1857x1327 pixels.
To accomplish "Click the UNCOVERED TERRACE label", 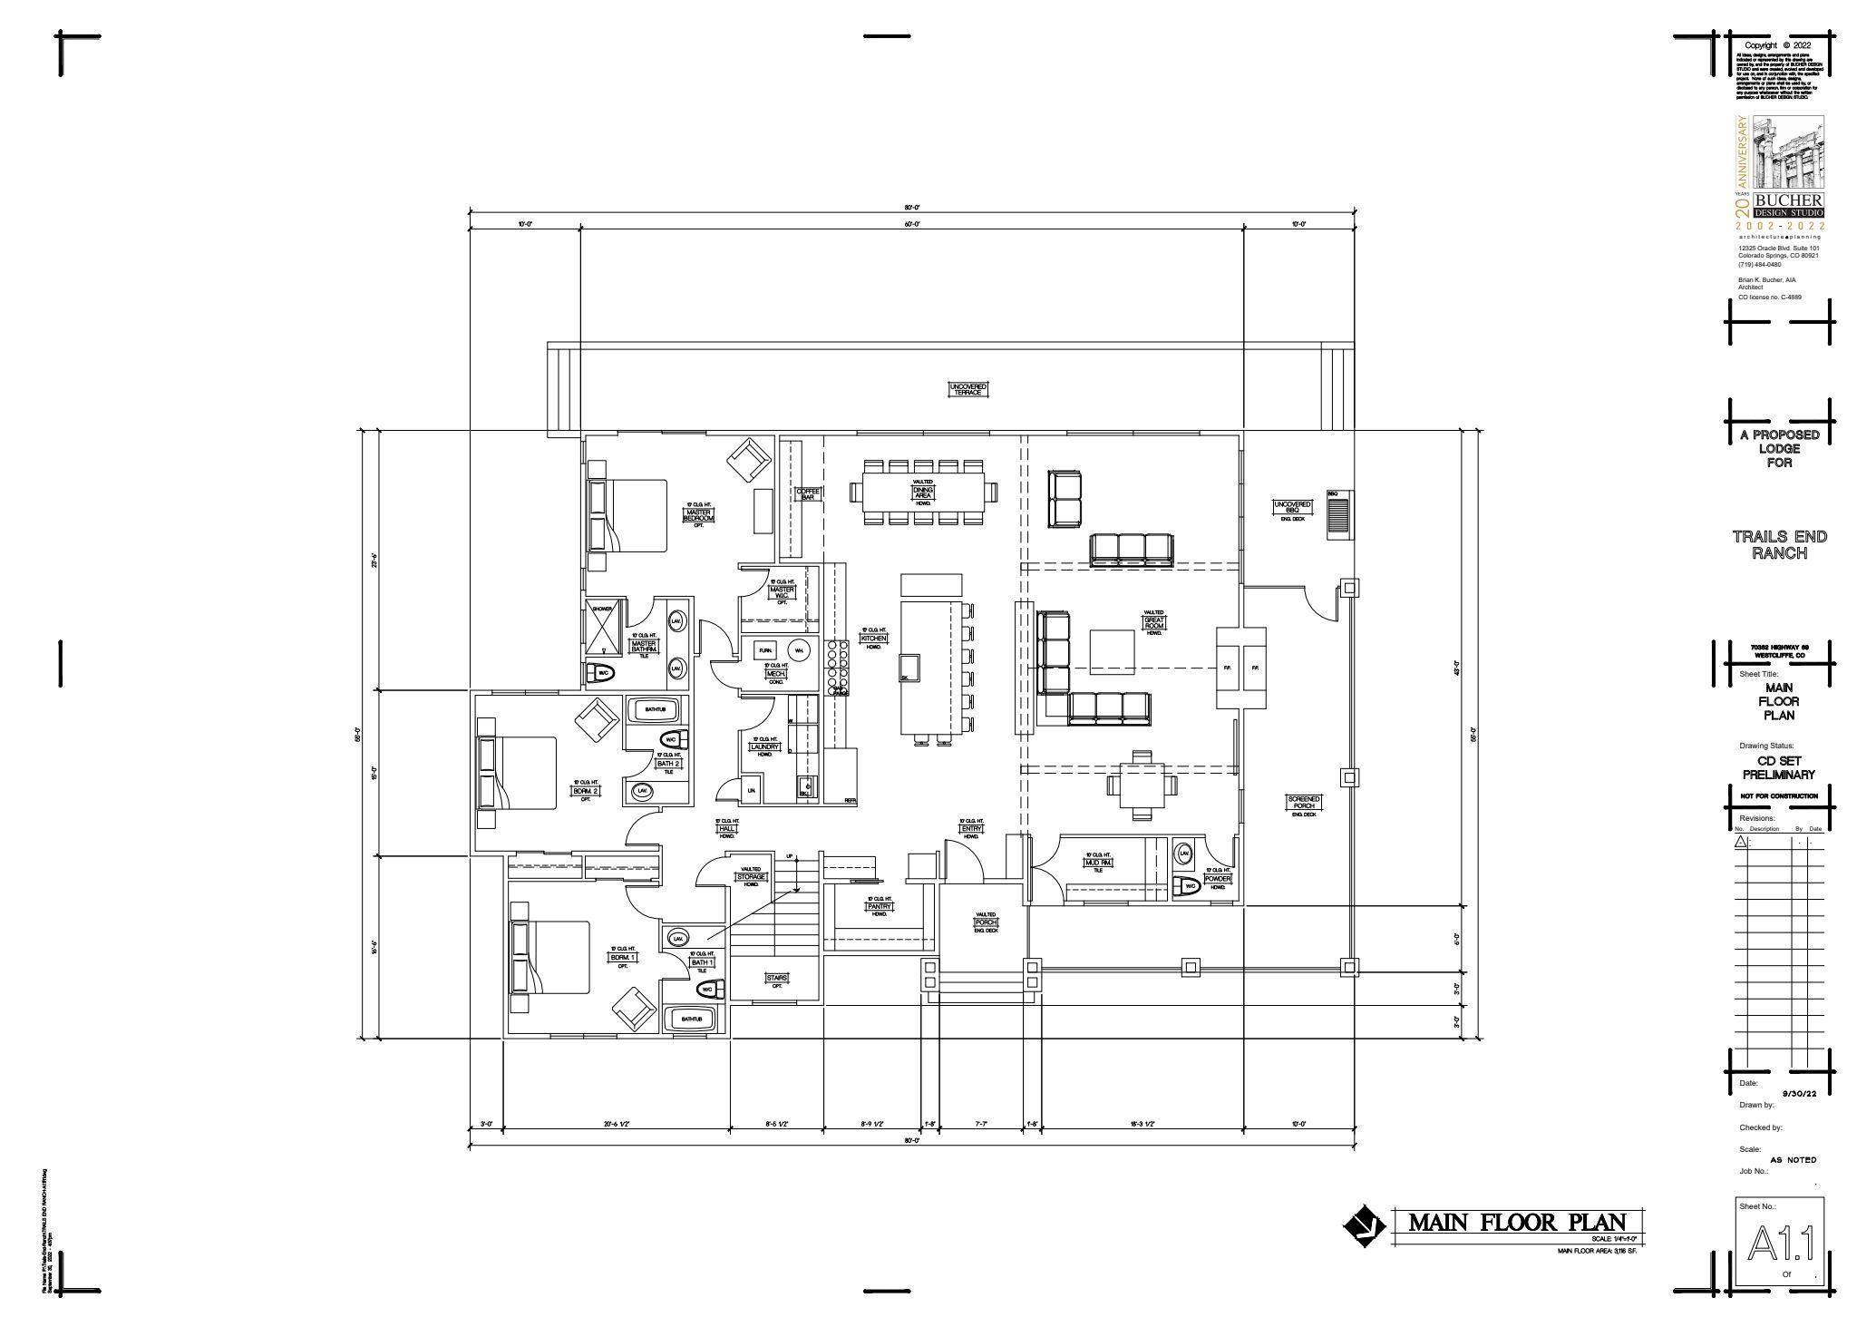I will pos(967,389).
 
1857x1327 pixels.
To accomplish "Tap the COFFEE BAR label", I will pos(808,494).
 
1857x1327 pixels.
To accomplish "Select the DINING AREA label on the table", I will pos(923,493).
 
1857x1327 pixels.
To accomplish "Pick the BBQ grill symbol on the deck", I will pos(1338,517).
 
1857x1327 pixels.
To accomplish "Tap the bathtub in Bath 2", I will pos(655,707).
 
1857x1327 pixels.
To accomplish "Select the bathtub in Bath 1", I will pos(692,1020).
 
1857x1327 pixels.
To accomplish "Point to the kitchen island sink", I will pos(909,668).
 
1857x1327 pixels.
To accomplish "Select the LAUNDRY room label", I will pos(764,747).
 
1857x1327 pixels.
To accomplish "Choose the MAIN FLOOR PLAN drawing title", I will pos(1516,1222).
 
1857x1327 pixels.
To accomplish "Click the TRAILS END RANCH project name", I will pos(1779,544).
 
